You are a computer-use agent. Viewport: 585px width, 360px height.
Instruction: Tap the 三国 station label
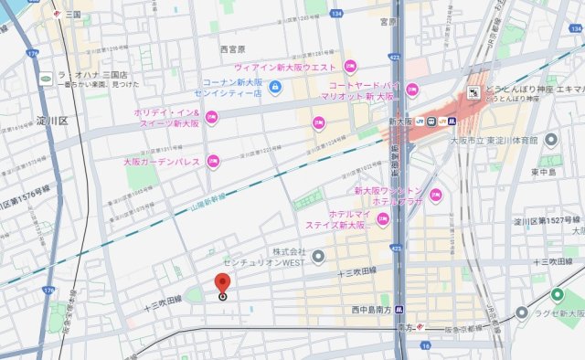point(73,15)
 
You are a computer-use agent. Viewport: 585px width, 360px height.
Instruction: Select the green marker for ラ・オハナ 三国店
point(45,79)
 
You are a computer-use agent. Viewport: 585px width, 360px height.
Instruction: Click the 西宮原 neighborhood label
point(235,48)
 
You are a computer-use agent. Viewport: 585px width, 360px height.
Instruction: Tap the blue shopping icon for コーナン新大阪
point(275,88)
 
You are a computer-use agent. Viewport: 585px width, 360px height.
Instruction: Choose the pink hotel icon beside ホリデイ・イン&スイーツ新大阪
point(212,117)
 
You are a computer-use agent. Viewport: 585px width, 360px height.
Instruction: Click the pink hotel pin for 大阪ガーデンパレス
point(212,162)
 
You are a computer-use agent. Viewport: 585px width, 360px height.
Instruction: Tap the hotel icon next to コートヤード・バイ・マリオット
point(411,90)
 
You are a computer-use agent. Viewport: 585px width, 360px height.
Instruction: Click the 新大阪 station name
point(401,120)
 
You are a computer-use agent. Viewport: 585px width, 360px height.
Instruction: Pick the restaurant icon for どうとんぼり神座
point(473,91)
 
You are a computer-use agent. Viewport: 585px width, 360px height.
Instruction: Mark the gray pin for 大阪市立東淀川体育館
point(549,140)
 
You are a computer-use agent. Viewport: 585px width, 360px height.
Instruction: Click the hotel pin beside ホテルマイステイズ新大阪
point(383,217)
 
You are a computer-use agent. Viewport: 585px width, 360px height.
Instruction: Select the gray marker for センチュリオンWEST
point(318,257)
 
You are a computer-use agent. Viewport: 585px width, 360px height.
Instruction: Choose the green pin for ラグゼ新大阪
point(521,313)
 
